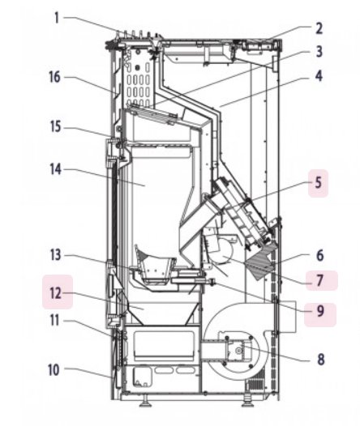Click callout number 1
(57, 18)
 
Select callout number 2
(319, 28)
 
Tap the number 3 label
(319, 52)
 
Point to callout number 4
(319, 76)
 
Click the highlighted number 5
(318, 183)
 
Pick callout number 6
(319, 255)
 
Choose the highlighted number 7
(320, 280)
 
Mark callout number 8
(321, 360)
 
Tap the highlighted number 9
(320, 311)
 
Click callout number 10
(54, 370)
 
